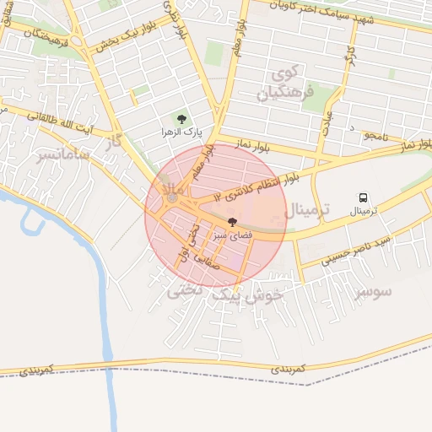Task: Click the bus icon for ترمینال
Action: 364,198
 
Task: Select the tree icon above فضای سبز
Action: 232,221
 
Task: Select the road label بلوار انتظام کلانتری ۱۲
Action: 256,187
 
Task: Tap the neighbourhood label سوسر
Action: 374,292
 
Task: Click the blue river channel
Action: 105,321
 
